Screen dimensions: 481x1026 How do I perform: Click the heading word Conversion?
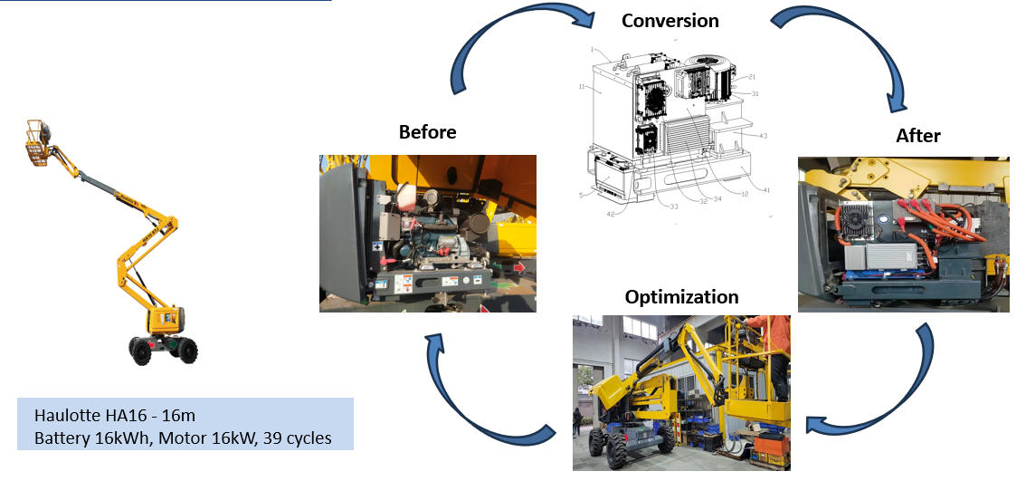670,21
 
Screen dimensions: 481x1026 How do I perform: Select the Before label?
427,132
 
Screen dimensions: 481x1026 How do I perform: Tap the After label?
918,136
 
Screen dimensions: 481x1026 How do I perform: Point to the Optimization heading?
681,297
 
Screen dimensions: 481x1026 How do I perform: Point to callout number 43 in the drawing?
763,136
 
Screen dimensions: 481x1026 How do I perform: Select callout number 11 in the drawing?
583,88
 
